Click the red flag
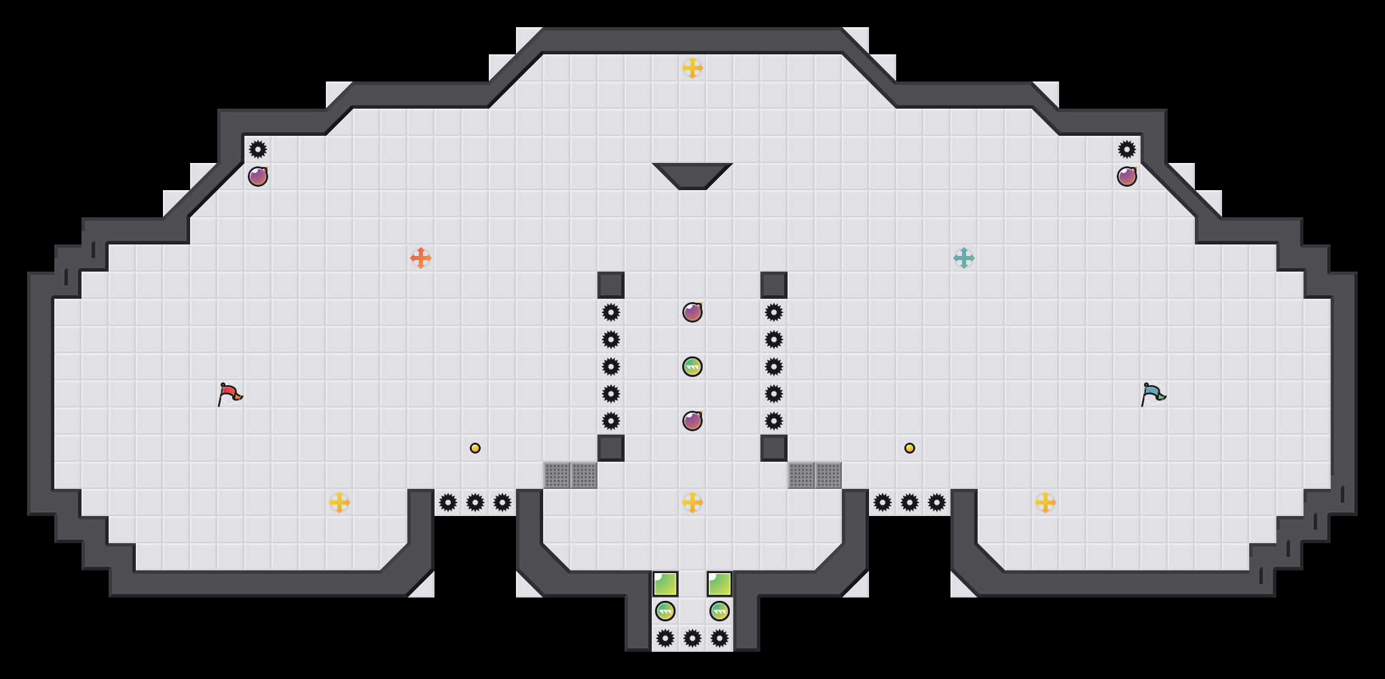229,394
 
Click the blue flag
1153,394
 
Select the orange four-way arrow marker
421,258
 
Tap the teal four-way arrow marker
964,258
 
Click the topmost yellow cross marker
692,68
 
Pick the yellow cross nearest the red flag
339,502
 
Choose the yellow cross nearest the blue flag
1046,502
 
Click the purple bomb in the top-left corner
258,177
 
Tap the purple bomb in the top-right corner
1127,177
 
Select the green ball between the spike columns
692,367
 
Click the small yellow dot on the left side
475,448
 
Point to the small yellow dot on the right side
910,448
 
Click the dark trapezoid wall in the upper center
692,174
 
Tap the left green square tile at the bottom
665,584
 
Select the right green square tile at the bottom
720,584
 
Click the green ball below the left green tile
665,611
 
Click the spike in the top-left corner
258,149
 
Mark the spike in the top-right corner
1127,149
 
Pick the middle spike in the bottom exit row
692,638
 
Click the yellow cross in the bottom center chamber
692,502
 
